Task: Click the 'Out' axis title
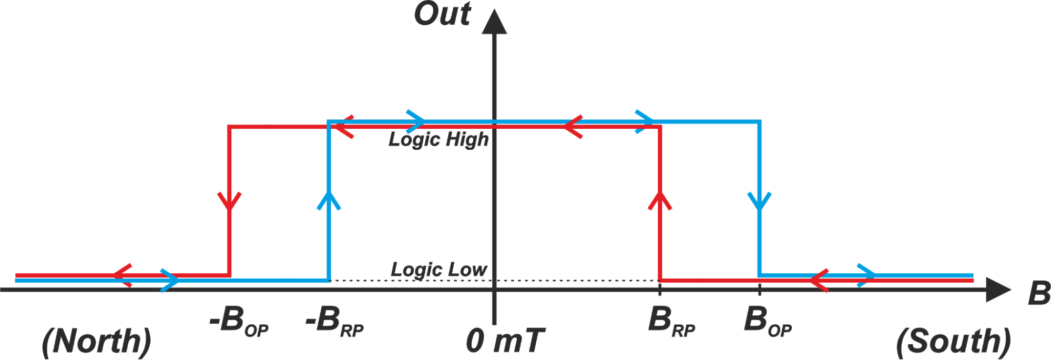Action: click(x=442, y=14)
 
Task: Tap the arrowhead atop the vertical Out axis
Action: click(x=494, y=22)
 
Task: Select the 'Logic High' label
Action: click(x=438, y=140)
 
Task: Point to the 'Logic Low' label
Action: click(x=438, y=270)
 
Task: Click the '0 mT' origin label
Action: click(x=505, y=341)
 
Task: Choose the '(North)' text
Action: click(x=96, y=342)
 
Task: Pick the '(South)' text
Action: click(x=953, y=342)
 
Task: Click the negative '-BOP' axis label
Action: click(x=239, y=321)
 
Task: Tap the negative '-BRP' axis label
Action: click(x=334, y=321)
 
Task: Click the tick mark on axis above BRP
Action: click(x=660, y=289)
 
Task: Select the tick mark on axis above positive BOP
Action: click(x=759, y=289)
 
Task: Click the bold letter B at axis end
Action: click(x=1038, y=293)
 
